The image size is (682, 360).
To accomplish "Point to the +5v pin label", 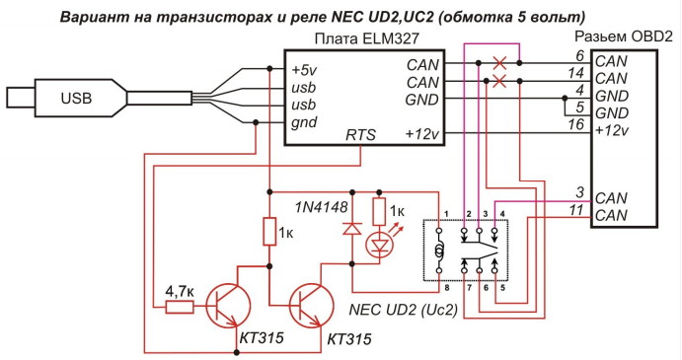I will point(305,70).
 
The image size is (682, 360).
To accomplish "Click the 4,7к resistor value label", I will point(180,291).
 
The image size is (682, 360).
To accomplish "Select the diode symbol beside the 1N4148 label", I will point(346,229).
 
